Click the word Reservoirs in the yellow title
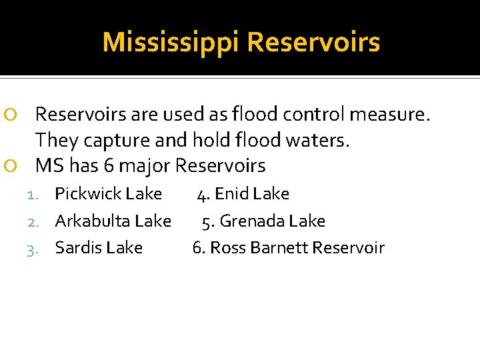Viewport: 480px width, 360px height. pos(313,43)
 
